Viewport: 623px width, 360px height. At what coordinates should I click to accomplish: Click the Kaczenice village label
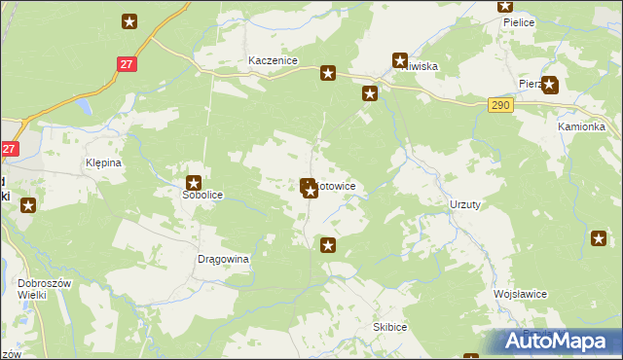272,60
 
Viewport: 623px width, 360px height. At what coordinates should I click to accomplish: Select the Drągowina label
224,260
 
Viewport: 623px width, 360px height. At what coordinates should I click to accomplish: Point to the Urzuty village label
465,204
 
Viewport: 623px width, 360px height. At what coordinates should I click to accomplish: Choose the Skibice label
389,328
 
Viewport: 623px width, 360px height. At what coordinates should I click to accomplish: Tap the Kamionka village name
581,127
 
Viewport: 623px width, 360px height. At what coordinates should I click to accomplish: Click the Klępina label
103,162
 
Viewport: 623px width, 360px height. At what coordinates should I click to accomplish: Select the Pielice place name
519,22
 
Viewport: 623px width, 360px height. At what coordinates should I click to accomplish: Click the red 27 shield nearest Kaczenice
126,63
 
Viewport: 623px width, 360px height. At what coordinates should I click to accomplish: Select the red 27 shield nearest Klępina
9,149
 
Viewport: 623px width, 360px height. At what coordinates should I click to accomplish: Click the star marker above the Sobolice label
194,181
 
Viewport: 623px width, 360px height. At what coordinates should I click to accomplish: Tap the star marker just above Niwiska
399,59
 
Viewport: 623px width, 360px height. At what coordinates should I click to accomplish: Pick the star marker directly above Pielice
505,6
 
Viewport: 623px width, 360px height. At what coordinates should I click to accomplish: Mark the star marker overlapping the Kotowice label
310,188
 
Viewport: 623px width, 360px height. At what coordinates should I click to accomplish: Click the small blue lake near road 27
85,105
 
